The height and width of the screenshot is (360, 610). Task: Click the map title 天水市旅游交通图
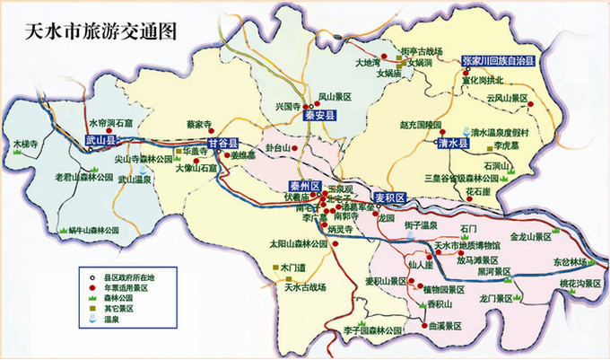point(91,30)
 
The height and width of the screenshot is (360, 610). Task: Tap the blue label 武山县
point(101,141)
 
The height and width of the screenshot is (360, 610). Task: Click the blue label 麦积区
point(390,197)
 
